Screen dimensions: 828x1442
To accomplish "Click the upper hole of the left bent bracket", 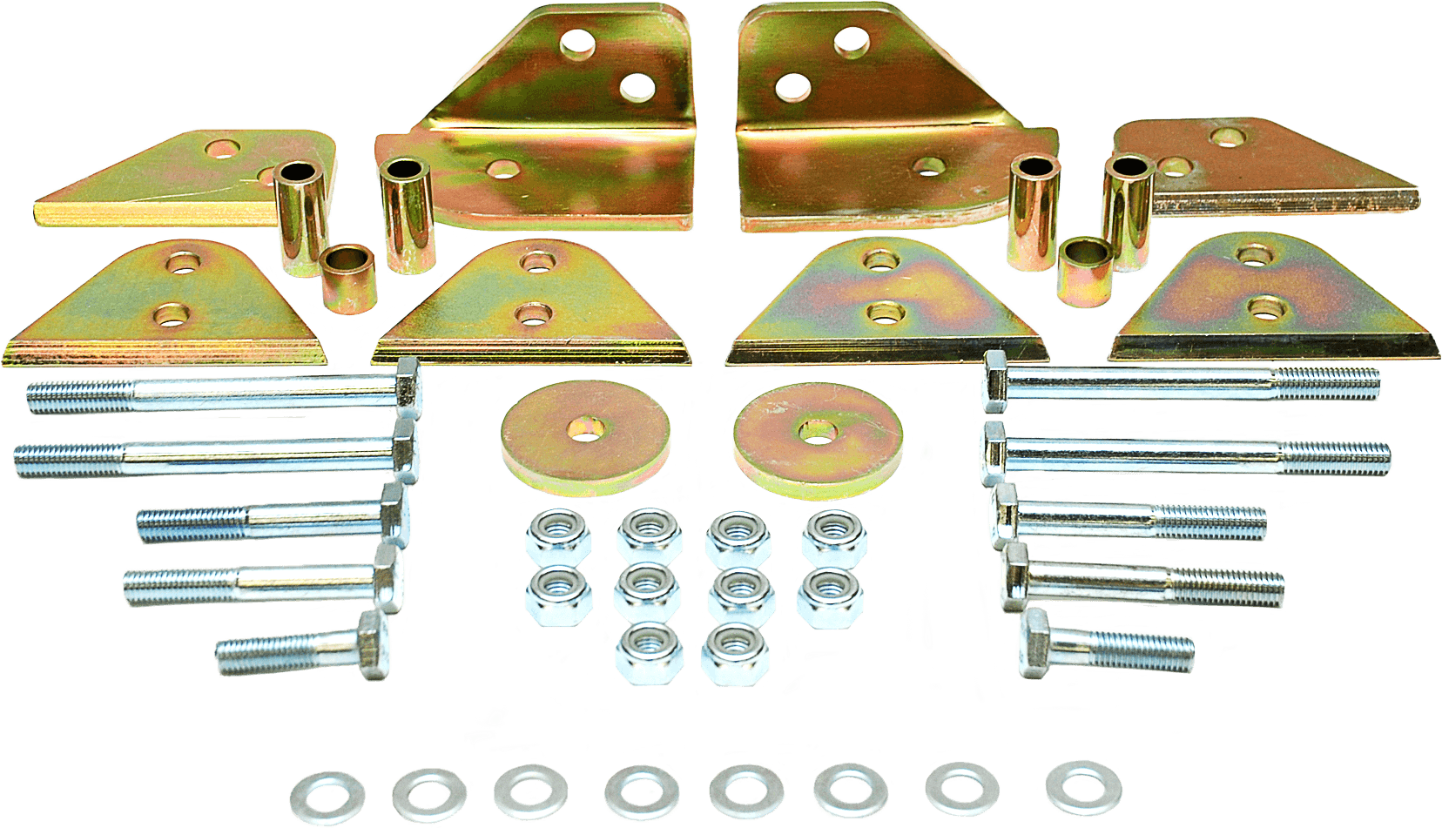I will pyautogui.click(x=576, y=44).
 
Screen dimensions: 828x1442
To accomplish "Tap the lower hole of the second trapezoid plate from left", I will pyautogui.click(x=532, y=313).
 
